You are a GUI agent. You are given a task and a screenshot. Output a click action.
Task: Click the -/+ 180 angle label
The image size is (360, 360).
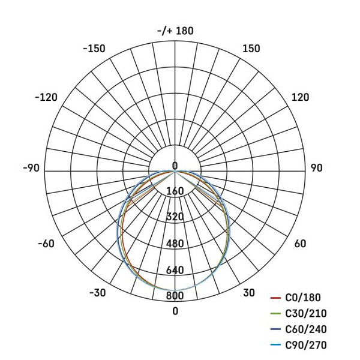[x=175, y=31]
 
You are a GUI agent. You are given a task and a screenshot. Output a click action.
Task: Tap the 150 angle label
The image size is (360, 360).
[x=251, y=49]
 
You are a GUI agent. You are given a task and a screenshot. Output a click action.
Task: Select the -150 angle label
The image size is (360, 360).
[x=94, y=49]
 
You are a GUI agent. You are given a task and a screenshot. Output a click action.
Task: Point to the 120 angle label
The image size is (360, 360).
[x=300, y=97]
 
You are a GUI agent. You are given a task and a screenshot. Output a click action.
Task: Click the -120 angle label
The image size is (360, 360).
[x=46, y=97]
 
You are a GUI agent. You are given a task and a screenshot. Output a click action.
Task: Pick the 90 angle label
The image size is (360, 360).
[x=316, y=168]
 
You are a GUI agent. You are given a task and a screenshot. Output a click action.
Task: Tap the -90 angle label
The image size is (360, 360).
[x=31, y=168]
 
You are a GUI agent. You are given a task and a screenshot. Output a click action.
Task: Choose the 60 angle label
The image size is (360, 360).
[x=300, y=243]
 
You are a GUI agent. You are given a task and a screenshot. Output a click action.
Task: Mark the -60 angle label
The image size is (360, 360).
[x=46, y=243]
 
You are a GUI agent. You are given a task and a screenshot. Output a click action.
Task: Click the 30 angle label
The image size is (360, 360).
[x=249, y=293]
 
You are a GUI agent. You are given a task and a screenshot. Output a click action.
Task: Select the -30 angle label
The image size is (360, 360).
[x=97, y=293]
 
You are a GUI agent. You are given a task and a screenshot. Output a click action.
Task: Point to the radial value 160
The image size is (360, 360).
[x=175, y=191]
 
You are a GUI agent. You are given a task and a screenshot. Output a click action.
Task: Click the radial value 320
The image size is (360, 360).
[x=175, y=217]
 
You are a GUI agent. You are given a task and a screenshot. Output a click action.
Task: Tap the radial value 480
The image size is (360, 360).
[x=175, y=244]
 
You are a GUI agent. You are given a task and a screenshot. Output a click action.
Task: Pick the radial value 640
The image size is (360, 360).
[x=175, y=270]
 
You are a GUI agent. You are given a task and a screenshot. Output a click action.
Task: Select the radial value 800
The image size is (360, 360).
[x=175, y=295]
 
